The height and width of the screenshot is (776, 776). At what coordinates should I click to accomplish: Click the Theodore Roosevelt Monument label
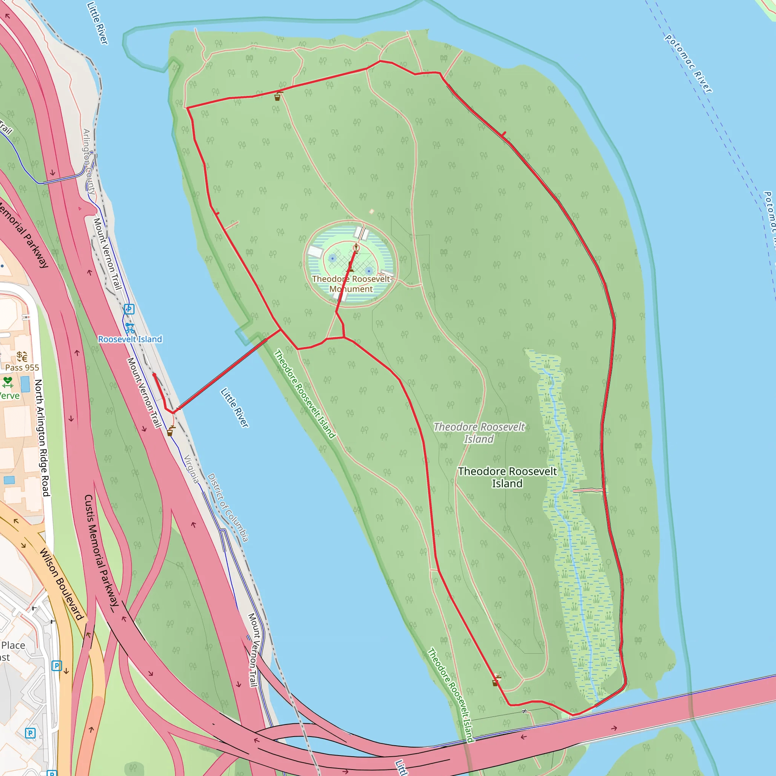pos(350,283)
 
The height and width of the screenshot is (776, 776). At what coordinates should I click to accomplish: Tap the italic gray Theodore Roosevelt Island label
pos(479,433)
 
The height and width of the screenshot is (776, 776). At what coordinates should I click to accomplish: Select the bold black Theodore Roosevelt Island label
pos(507,477)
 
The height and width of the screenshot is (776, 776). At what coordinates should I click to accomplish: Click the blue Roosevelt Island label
pos(130,339)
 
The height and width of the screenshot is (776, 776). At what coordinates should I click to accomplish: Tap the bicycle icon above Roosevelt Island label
pos(129,328)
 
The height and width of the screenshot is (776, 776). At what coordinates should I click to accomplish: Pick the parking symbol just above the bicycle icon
pos(129,309)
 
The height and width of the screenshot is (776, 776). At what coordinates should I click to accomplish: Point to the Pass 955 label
pos(22,368)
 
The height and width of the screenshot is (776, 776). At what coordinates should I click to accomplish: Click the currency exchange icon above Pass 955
pos(22,356)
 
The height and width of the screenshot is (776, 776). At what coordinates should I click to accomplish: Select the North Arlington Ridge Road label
pos(42,438)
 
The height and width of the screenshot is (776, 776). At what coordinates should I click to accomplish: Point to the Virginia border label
pos(192,469)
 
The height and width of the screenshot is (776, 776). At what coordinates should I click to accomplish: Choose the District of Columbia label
pos(228,507)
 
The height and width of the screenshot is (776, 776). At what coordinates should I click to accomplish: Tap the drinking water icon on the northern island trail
pos(277,96)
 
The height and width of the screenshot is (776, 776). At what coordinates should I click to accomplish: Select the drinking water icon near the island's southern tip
pos(496,681)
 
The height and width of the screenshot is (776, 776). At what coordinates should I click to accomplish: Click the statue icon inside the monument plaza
pos(356,248)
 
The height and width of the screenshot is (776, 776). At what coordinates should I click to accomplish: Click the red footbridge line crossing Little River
pos(225,372)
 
